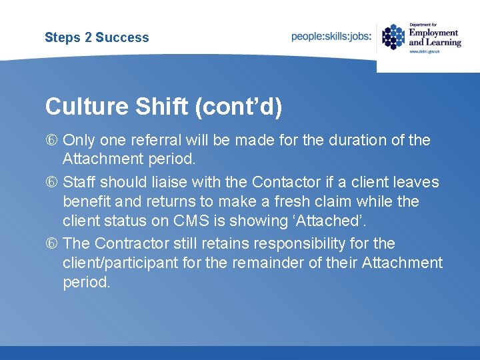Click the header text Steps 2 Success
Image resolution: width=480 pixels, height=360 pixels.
click(97, 37)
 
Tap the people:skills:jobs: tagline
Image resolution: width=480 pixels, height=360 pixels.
click(331, 37)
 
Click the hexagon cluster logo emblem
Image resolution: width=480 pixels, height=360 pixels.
click(393, 37)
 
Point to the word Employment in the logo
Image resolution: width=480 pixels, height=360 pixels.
click(433, 32)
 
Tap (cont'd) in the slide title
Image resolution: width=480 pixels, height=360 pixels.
click(238, 107)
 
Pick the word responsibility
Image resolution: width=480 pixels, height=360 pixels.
click(305, 243)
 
